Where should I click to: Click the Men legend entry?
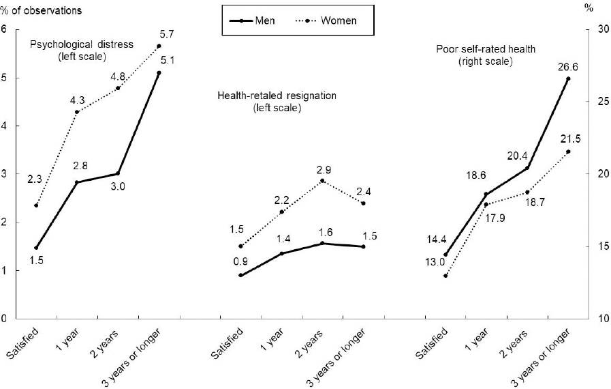252,20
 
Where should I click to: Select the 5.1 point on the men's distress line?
159,72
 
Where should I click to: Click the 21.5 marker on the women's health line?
568,152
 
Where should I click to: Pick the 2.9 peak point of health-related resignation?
322,181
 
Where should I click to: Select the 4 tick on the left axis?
5,126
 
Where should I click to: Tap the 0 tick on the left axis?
5,319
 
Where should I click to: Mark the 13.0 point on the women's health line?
445,276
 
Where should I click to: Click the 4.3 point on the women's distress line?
77,112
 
